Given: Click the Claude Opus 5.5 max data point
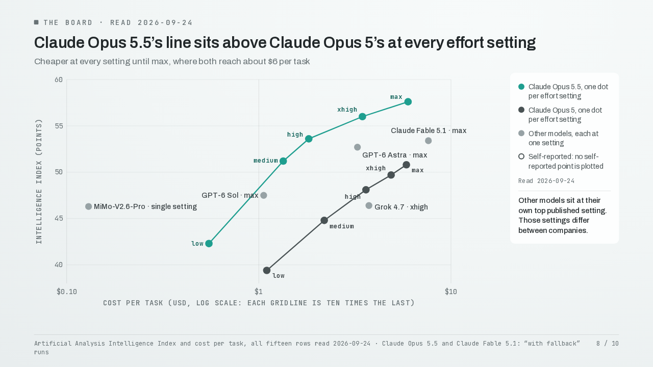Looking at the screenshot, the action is [408, 101].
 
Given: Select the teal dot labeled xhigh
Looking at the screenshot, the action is [362, 117].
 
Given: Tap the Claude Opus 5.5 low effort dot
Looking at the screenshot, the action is [209, 244].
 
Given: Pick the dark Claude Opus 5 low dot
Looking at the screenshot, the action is [267, 271].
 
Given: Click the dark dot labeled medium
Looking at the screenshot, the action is [324, 221].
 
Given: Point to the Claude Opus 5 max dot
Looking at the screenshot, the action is [407, 165].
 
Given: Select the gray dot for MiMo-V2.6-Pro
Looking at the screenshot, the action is [88, 206].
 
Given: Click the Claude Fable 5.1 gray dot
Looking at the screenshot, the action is [428, 141].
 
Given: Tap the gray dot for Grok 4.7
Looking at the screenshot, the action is [369, 205].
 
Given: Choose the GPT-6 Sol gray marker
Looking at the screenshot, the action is [264, 195].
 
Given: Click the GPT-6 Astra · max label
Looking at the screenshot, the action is [395, 155].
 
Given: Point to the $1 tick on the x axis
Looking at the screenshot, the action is [259, 292].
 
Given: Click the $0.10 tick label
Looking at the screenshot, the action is [67, 292].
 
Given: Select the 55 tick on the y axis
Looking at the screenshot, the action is [59, 126].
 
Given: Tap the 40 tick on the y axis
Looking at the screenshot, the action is [59, 265].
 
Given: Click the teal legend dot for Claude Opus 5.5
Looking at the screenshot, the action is [521, 87].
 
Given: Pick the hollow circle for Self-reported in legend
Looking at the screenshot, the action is [521, 156].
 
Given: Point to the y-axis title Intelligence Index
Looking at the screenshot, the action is [39, 181].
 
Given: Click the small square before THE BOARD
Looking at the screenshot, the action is [36, 22].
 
